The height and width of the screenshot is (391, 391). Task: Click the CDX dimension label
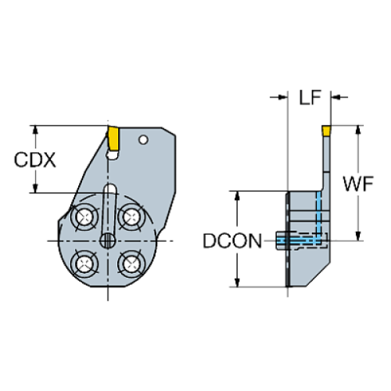35,160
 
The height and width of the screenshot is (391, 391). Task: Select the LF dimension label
310,99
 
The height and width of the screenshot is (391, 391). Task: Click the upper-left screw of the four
84,216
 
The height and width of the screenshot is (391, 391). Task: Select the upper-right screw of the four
129,216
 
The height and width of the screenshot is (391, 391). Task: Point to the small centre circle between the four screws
107,239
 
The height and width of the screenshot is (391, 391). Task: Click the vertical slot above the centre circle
109,199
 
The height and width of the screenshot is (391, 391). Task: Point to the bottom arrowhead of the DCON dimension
235,282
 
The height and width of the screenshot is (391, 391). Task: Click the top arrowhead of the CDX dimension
35,128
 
